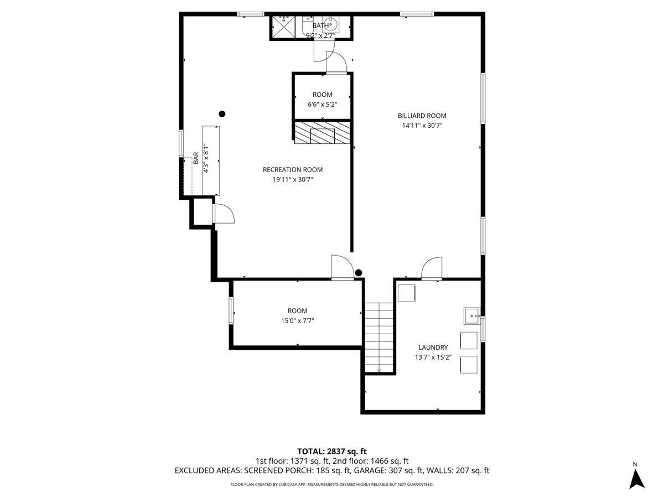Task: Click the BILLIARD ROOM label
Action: tap(422, 116)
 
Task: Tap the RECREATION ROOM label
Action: tap(293, 170)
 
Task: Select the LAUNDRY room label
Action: tap(433, 347)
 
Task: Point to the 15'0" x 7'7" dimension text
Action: tap(297, 320)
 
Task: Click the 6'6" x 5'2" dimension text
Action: tap(322, 105)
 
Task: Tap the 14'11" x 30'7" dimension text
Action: tap(422, 126)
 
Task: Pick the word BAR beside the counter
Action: tap(196, 158)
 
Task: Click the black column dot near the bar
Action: tap(222, 114)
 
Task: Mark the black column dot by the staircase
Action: tap(359, 273)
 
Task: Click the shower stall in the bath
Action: tap(283, 27)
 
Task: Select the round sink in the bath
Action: tap(330, 25)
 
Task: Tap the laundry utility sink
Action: tap(472, 316)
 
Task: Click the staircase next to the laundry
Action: tap(378, 338)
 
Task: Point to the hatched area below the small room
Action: tap(322, 133)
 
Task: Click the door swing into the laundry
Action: tap(432, 268)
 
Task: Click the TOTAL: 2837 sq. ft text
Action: tap(332, 452)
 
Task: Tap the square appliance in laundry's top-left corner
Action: tap(406, 293)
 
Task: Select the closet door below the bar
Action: tap(223, 214)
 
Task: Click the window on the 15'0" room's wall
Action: tap(231, 310)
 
